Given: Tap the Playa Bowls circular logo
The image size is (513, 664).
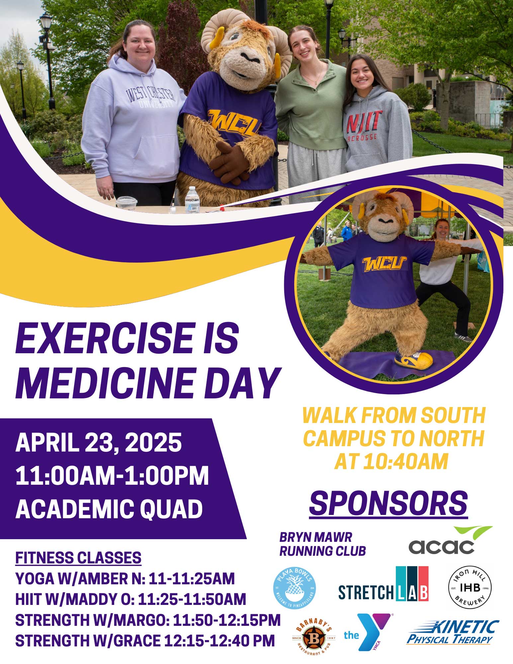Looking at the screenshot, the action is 294,587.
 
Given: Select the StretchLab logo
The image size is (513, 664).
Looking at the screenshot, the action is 383,585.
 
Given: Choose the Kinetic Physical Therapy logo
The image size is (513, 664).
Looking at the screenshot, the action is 453,632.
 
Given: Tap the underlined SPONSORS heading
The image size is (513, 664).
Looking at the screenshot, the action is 388,504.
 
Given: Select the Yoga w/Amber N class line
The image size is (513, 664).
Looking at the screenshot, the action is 125,579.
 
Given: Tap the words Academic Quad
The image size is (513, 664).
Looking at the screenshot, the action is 109,509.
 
